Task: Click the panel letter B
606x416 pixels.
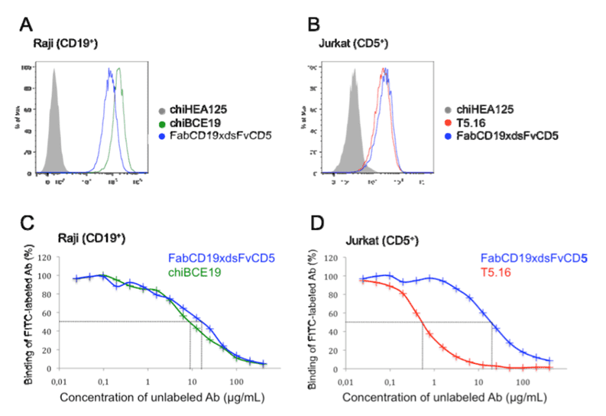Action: [x=313, y=24]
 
